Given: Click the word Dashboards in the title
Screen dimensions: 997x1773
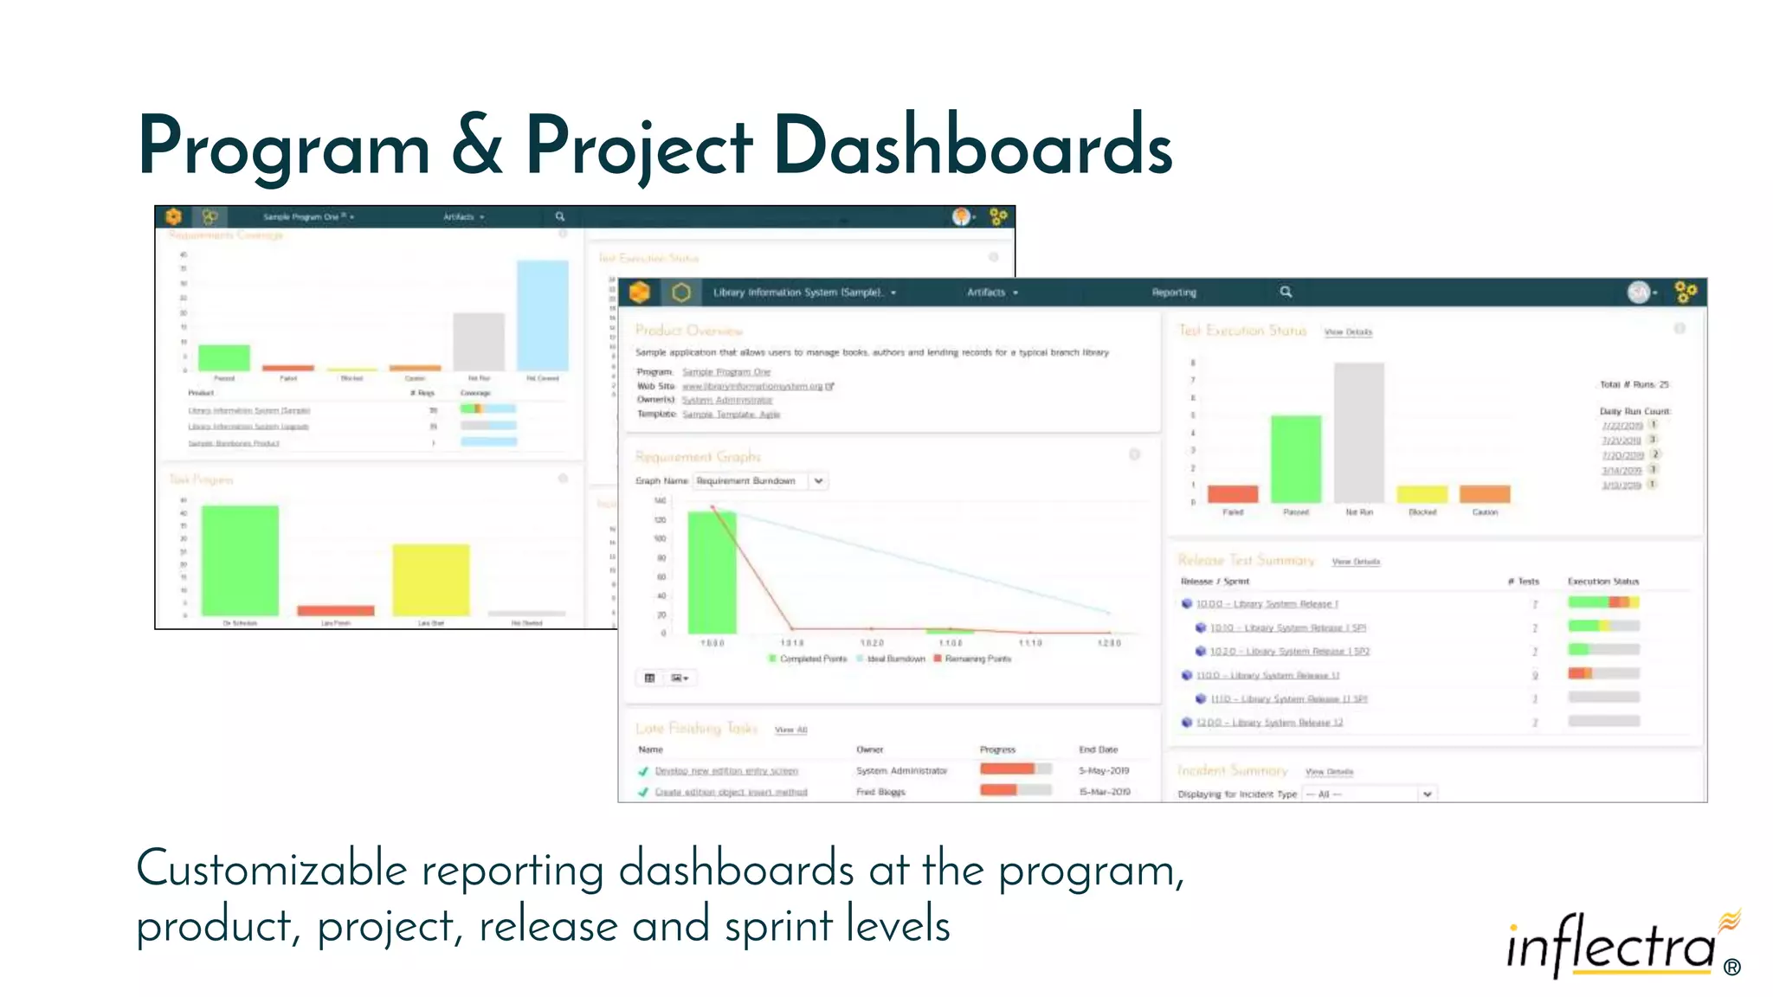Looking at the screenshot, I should pos(971,147).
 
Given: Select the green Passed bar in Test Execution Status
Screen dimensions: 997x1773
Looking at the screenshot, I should pos(1295,459).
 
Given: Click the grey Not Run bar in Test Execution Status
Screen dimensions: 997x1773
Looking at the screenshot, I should pos(1358,433).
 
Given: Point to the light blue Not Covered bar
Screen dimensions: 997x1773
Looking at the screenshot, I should pos(542,316).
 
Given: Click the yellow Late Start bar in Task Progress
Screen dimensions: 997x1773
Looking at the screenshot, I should pos(430,580).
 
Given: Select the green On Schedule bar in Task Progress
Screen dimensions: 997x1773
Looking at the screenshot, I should pos(240,561).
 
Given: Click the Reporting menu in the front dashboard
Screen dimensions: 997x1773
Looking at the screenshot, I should pos(1173,293).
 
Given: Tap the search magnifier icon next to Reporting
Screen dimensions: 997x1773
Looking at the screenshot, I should pos(1286,292).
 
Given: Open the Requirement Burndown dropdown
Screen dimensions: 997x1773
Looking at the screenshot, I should pos(817,480).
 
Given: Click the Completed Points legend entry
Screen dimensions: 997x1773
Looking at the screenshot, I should pos(812,659).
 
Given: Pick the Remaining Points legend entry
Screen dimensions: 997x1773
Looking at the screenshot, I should pos(977,659).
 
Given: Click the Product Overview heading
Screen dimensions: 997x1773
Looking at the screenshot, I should pos(688,331).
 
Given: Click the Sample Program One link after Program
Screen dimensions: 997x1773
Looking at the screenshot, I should pos(725,372).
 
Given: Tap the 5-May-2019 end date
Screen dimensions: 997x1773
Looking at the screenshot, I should pos(1103,770).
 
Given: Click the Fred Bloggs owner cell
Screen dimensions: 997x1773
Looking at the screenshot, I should pos(880,792).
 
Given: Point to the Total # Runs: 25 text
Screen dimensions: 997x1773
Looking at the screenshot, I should pos(1634,384).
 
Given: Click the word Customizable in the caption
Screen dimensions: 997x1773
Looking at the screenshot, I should pos(271,869).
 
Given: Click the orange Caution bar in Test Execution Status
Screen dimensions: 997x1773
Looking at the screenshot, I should pos(1484,494).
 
